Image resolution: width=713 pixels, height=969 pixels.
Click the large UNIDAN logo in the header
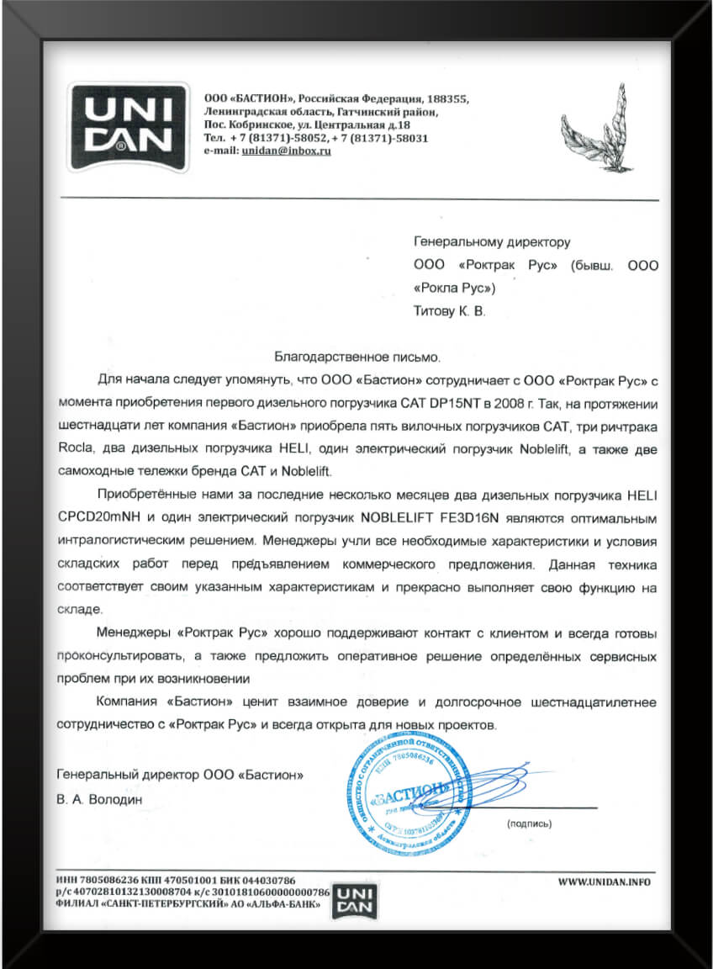[128, 127]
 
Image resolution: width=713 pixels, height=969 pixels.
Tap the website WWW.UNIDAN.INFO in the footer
[605, 882]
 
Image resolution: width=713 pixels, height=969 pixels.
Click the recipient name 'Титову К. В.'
[450, 311]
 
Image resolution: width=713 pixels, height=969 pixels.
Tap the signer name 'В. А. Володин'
[100, 797]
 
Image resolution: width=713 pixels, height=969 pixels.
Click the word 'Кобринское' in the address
[253, 124]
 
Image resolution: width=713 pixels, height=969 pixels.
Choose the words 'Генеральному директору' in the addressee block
[493, 242]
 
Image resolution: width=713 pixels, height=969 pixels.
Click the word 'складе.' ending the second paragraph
[79, 608]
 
